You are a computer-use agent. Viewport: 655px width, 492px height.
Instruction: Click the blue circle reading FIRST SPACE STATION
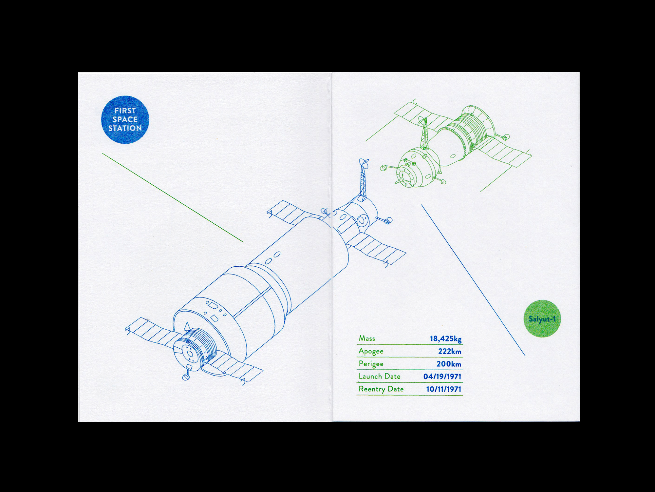[x=125, y=120]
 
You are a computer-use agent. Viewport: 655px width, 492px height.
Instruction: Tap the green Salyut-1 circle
[x=542, y=319]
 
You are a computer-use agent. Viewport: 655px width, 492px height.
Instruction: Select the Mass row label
[x=367, y=338]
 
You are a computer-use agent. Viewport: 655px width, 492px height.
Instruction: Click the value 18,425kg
[x=445, y=338]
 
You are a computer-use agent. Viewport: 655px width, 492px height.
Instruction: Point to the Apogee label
[x=371, y=351]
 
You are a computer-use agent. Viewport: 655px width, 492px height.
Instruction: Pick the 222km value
[x=450, y=351]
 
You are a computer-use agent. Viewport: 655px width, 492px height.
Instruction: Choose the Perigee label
[x=371, y=364]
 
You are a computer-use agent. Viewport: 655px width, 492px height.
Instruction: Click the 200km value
[x=449, y=364]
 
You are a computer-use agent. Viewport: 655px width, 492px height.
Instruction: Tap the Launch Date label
[x=379, y=376]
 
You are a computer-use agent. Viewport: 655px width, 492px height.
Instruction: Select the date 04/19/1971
[x=442, y=377]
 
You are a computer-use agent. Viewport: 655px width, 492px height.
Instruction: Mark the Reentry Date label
[x=381, y=389]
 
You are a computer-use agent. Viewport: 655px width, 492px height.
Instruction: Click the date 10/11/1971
[x=443, y=389]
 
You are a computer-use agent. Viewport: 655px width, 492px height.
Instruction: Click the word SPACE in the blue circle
[x=125, y=119]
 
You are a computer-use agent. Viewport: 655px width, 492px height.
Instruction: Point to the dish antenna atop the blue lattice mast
[x=364, y=163]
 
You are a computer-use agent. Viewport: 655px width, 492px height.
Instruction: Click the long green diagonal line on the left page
[x=172, y=197]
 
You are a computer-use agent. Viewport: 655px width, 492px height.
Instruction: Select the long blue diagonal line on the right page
[x=473, y=280]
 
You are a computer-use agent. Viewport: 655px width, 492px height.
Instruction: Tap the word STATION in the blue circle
[x=125, y=128]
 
